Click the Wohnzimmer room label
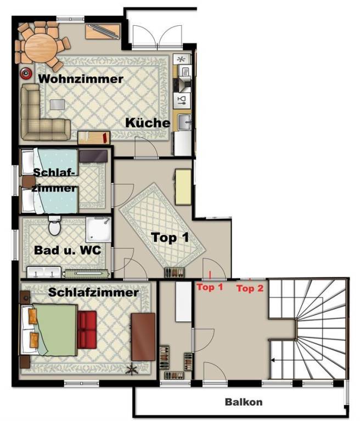[81, 79]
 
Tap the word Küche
[148, 123]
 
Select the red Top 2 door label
[250, 288]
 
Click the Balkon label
[244, 402]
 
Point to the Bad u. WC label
[67, 250]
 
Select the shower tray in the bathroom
[98, 230]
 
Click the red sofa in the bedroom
[87, 329]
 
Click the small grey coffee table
[58, 105]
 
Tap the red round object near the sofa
[26, 73]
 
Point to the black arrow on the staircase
[273, 360]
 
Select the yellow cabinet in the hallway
[183, 186]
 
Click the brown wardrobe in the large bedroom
[143, 337]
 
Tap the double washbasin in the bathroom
[44, 272]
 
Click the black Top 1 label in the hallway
[170, 237]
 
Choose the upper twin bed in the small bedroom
[50, 162]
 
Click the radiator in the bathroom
[86, 274]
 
